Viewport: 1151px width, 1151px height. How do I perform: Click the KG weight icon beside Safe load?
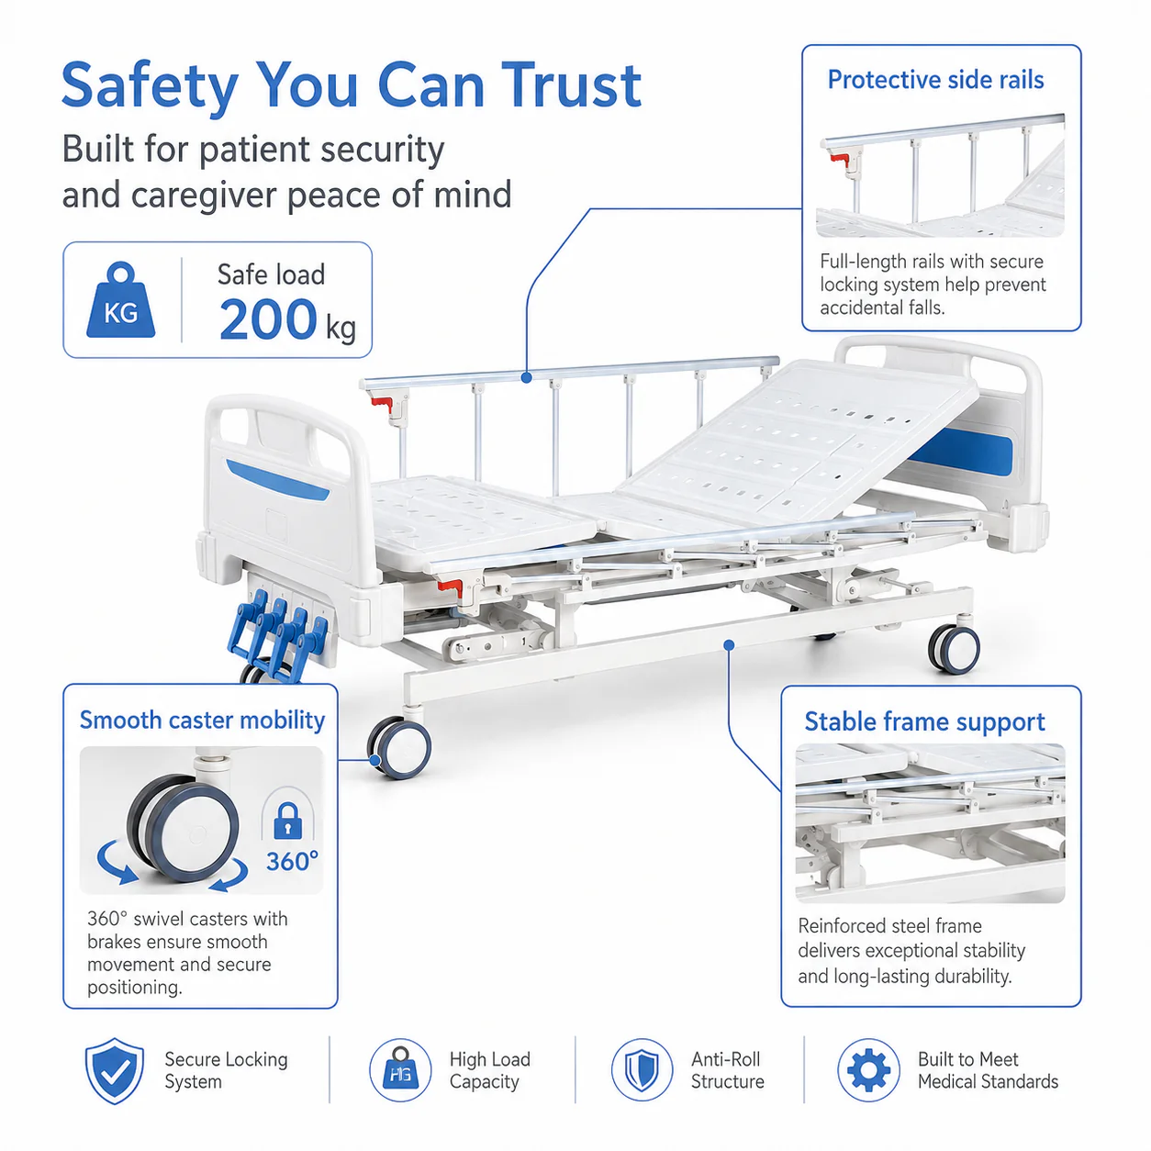pyautogui.click(x=120, y=300)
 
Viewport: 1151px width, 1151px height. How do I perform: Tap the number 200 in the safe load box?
pyautogui.click(x=268, y=319)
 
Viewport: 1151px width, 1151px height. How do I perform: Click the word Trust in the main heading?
pyautogui.click(x=570, y=86)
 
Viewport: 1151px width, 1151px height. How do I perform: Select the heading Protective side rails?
pyautogui.click(x=935, y=80)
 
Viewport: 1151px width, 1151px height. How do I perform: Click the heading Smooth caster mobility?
pyautogui.click(x=202, y=721)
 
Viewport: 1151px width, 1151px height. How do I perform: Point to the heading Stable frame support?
pyautogui.click(x=924, y=721)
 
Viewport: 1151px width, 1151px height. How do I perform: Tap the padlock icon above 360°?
pyautogui.click(x=287, y=821)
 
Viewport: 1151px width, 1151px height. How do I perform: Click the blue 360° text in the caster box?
pyautogui.click(x=292, y=861)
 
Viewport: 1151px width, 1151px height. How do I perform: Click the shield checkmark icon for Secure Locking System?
pyautogui.click(x=114, y=1070)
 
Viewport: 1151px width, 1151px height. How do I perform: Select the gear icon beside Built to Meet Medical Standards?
pyautogui.click(x=868, y=1069)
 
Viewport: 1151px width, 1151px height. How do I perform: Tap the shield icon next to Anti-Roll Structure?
pyautogui.click(x=642, y=1069)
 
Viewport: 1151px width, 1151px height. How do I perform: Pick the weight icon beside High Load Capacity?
pyautogui.click(x=400, y=1069)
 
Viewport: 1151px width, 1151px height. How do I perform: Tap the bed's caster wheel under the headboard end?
pyautogui.click(x=954, y=648)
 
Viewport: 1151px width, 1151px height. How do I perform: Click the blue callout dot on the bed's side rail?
pyautogui.click(x=526, y=377)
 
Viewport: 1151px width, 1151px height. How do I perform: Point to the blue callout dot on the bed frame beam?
pyautogui.click(x=729, y=645)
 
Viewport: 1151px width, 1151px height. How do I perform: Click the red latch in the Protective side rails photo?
pyautogui.click(x=840, y=159)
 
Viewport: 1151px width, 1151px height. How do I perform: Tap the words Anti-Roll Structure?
pyautogui.click(x=728, y=1070)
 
